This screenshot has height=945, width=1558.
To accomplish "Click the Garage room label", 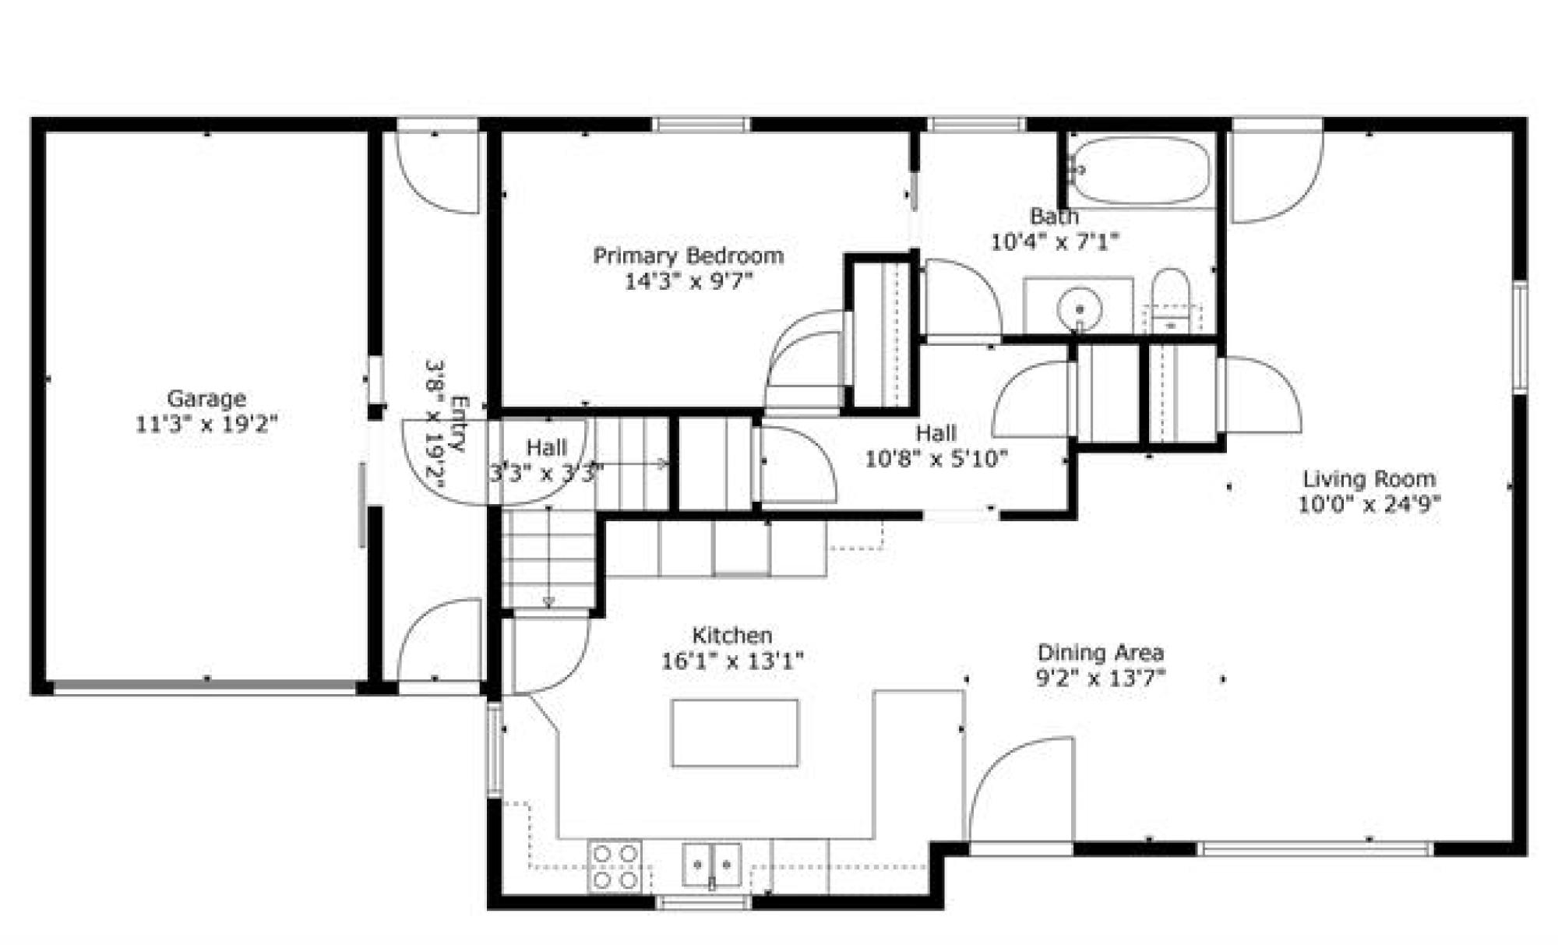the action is pyautogui.click(x=206, y=399).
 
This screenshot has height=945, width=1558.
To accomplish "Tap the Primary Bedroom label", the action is pyautogui.click(x=689, y=256).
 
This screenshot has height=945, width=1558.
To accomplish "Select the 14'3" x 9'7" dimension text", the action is pyautogui.click(x=689, y=281).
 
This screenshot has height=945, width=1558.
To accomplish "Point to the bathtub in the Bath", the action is pyautogui.click(x=1140, y=171).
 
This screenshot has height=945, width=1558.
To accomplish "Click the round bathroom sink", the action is pyautogui.click(x=1079, y=306).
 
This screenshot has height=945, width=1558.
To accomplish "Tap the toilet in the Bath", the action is pyautogui.click(x=1170, y=300).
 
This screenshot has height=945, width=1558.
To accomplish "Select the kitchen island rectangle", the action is pyautogui.click(x=735, y=733).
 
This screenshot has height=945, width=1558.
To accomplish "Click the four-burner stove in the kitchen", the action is pyautogui.click(x=615, y=866).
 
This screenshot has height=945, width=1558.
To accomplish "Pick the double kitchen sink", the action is pyautogui.click(x=712, y=865).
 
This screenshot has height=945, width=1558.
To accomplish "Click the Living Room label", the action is pyautogui.click(x=1369, y=479).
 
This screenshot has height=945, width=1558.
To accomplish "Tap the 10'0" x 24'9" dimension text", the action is pyautogui.click(x=1369, y=505).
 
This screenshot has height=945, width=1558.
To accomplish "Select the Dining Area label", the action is pyautogui.click(x=1101, y=653).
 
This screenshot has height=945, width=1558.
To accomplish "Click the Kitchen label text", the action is pyautogui.click(x=732, y=636).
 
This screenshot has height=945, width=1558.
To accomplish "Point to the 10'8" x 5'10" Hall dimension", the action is pyautogui.click(x=936, y=459).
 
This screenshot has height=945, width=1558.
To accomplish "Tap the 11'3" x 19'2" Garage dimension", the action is pyautogui.click(x=206, y=425).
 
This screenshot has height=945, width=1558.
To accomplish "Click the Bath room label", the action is pyautogui.click(x=1054, y=216).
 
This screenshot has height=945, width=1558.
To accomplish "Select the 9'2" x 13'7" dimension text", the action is pyautogui.click(x=1101, y=679).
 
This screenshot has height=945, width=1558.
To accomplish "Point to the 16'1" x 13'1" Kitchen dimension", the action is pyautogui.click(x=732, y=661).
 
